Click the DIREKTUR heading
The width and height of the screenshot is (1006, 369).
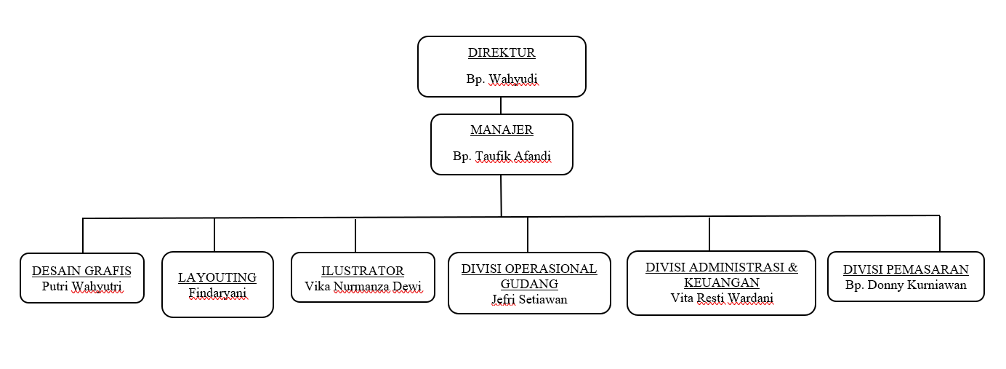(502, 52)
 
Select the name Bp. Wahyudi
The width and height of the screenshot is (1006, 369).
(502, 79)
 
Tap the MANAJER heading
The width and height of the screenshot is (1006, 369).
(502, 130)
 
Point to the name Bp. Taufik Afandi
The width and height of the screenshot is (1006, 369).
(502, 156)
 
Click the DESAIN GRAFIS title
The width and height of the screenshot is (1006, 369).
(81, 271)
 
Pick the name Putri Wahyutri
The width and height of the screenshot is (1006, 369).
(81, 286)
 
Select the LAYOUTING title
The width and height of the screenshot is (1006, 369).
(217, 277)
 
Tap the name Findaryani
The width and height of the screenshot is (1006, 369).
(217, 293)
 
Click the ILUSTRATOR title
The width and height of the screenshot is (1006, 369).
(363, 271)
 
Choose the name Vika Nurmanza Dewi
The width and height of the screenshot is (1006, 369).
(363, 286)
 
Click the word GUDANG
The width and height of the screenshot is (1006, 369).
(529, 283)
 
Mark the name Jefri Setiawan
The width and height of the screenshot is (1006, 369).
(529, 298)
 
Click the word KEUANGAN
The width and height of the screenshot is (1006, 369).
(721, 282)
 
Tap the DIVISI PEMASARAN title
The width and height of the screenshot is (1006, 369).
(906, 269)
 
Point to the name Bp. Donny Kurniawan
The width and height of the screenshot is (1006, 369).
(906, 285)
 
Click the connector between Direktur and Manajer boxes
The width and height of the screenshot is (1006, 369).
(501, 106)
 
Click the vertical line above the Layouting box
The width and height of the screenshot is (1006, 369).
(214, 234)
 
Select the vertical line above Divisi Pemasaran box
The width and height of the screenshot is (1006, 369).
(940, 233)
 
